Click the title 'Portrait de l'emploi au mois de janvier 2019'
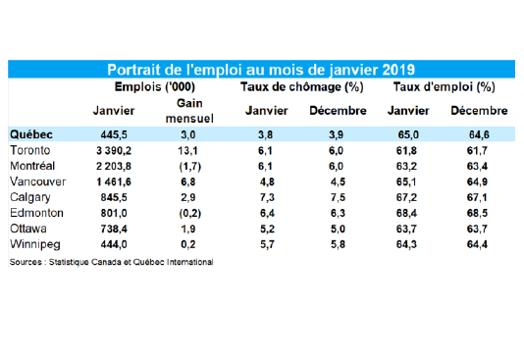[x=261, y=70]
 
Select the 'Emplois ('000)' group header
[x=155, y=87]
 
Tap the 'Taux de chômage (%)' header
[x=302, y=87]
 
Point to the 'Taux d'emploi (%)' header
[x=445, y=87]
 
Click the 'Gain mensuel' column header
[x=189, y=111]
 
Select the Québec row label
[x=31, y=134]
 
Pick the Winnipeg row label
[x=35, y=244]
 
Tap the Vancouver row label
[x=37, y=181]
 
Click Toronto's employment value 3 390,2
[x=114, y=151]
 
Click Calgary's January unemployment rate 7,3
[x=267, y=197]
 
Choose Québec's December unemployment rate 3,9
[x=336, y=135]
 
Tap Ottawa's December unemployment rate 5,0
[x=338, y=230]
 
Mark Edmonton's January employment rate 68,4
[x=406, y=213]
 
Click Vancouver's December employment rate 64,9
[x=477, y=182]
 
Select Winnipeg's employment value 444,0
[x=114, y=244]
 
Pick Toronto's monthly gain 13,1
[x=187, y=151]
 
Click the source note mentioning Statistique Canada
[x=111, y=262]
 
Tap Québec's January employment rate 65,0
[x=408, y=135]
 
